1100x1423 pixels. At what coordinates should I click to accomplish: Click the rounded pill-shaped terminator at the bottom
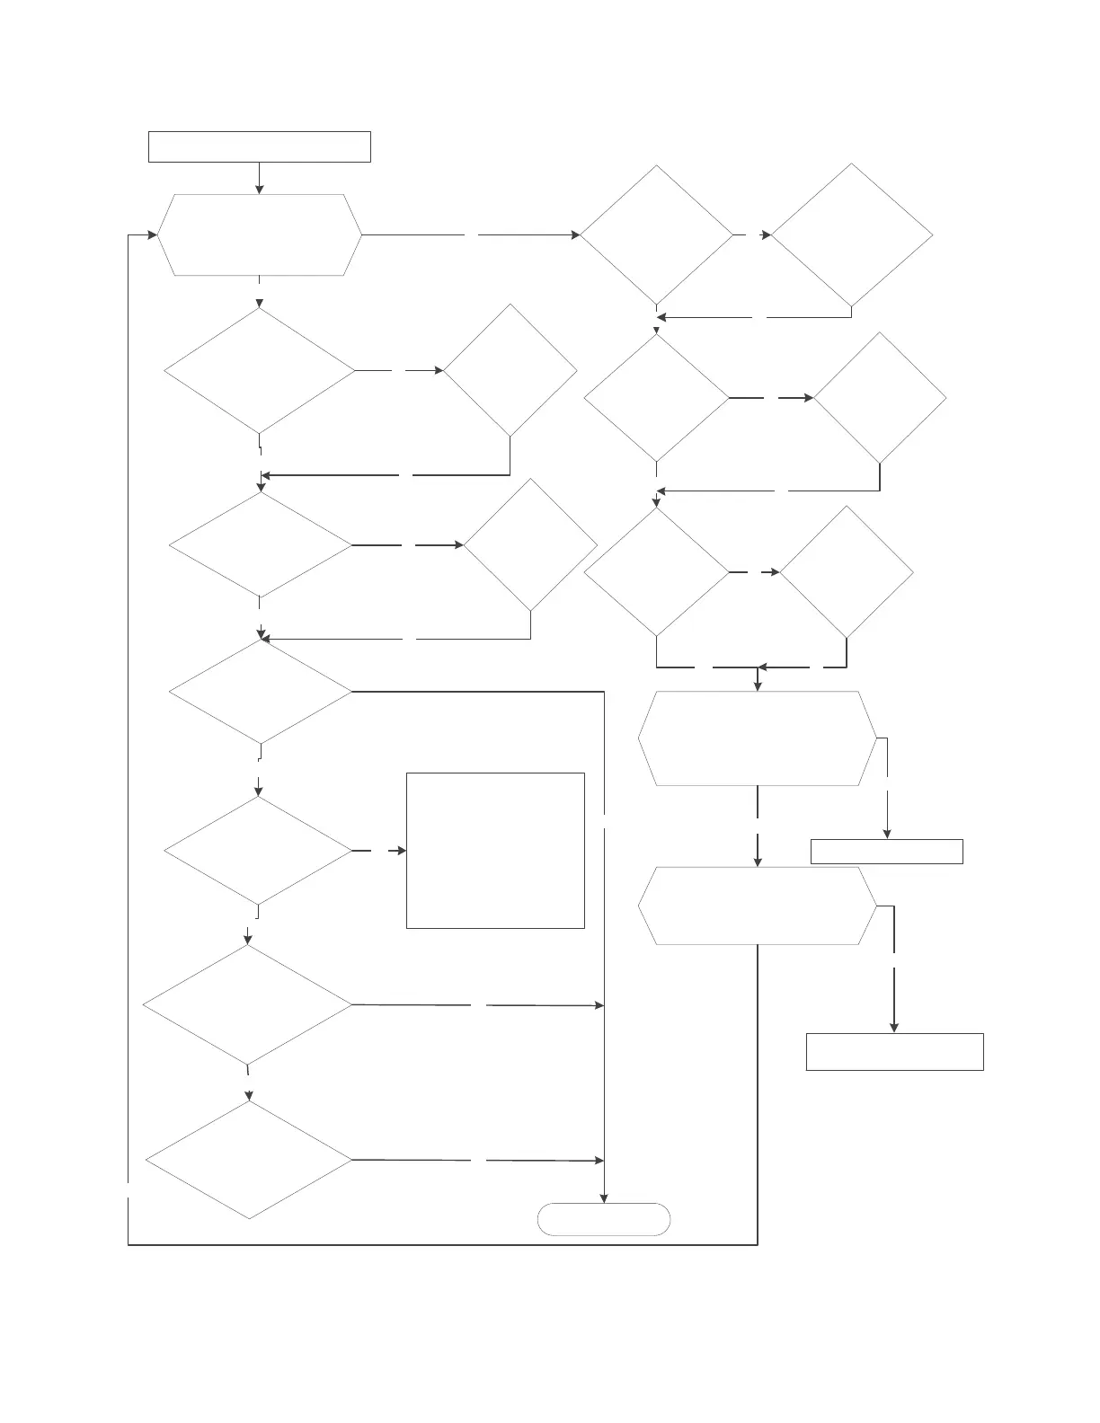pos(604,1219)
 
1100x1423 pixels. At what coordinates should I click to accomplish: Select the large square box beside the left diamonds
pos(495,850)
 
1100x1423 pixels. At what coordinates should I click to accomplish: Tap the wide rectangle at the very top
pos(259,146)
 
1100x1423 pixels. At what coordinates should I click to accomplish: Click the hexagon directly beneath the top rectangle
pos(260,234)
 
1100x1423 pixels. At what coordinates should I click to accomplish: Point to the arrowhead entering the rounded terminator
pos(604,1198)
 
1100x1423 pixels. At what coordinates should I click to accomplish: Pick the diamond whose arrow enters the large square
pos(258,850)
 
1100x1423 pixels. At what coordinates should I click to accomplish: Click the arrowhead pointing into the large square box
pos(402,850)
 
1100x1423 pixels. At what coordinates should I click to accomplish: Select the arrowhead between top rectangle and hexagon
pos(260,189)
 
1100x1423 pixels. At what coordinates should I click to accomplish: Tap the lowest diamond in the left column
pos(249,1160)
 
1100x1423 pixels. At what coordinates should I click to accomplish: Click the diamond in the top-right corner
pos(851,234)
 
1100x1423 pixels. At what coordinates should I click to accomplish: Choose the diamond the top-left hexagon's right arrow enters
pos(656,235)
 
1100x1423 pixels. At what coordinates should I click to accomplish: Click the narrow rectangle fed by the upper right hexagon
pos(886,851)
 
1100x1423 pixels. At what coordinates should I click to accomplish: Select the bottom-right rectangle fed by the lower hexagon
pos(894,1051)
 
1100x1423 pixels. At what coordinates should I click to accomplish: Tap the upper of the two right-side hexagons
pos(757,738)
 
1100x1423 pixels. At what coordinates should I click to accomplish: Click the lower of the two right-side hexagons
pos(757,906)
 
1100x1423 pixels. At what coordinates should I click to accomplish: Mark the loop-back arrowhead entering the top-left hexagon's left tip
pos(153,235)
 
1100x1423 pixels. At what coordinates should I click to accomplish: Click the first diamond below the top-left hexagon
pos(259,370)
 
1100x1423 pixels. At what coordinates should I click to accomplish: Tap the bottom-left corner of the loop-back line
pos(129,1244)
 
